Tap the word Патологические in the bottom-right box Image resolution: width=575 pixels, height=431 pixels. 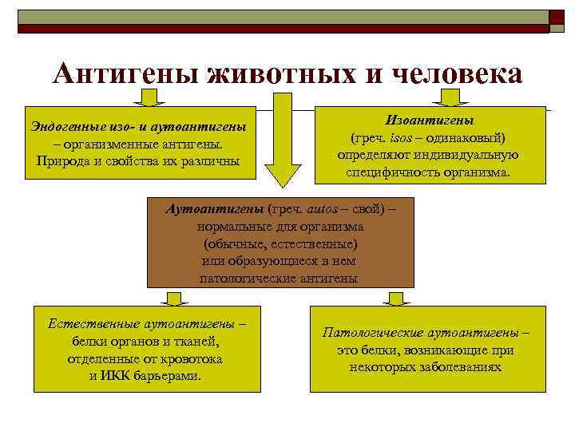(371, 332)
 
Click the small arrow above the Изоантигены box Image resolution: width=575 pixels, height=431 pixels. (450, 98)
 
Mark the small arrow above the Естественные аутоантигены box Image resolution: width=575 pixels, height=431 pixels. (170, 298)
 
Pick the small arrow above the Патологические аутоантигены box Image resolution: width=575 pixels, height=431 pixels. (395, 298)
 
